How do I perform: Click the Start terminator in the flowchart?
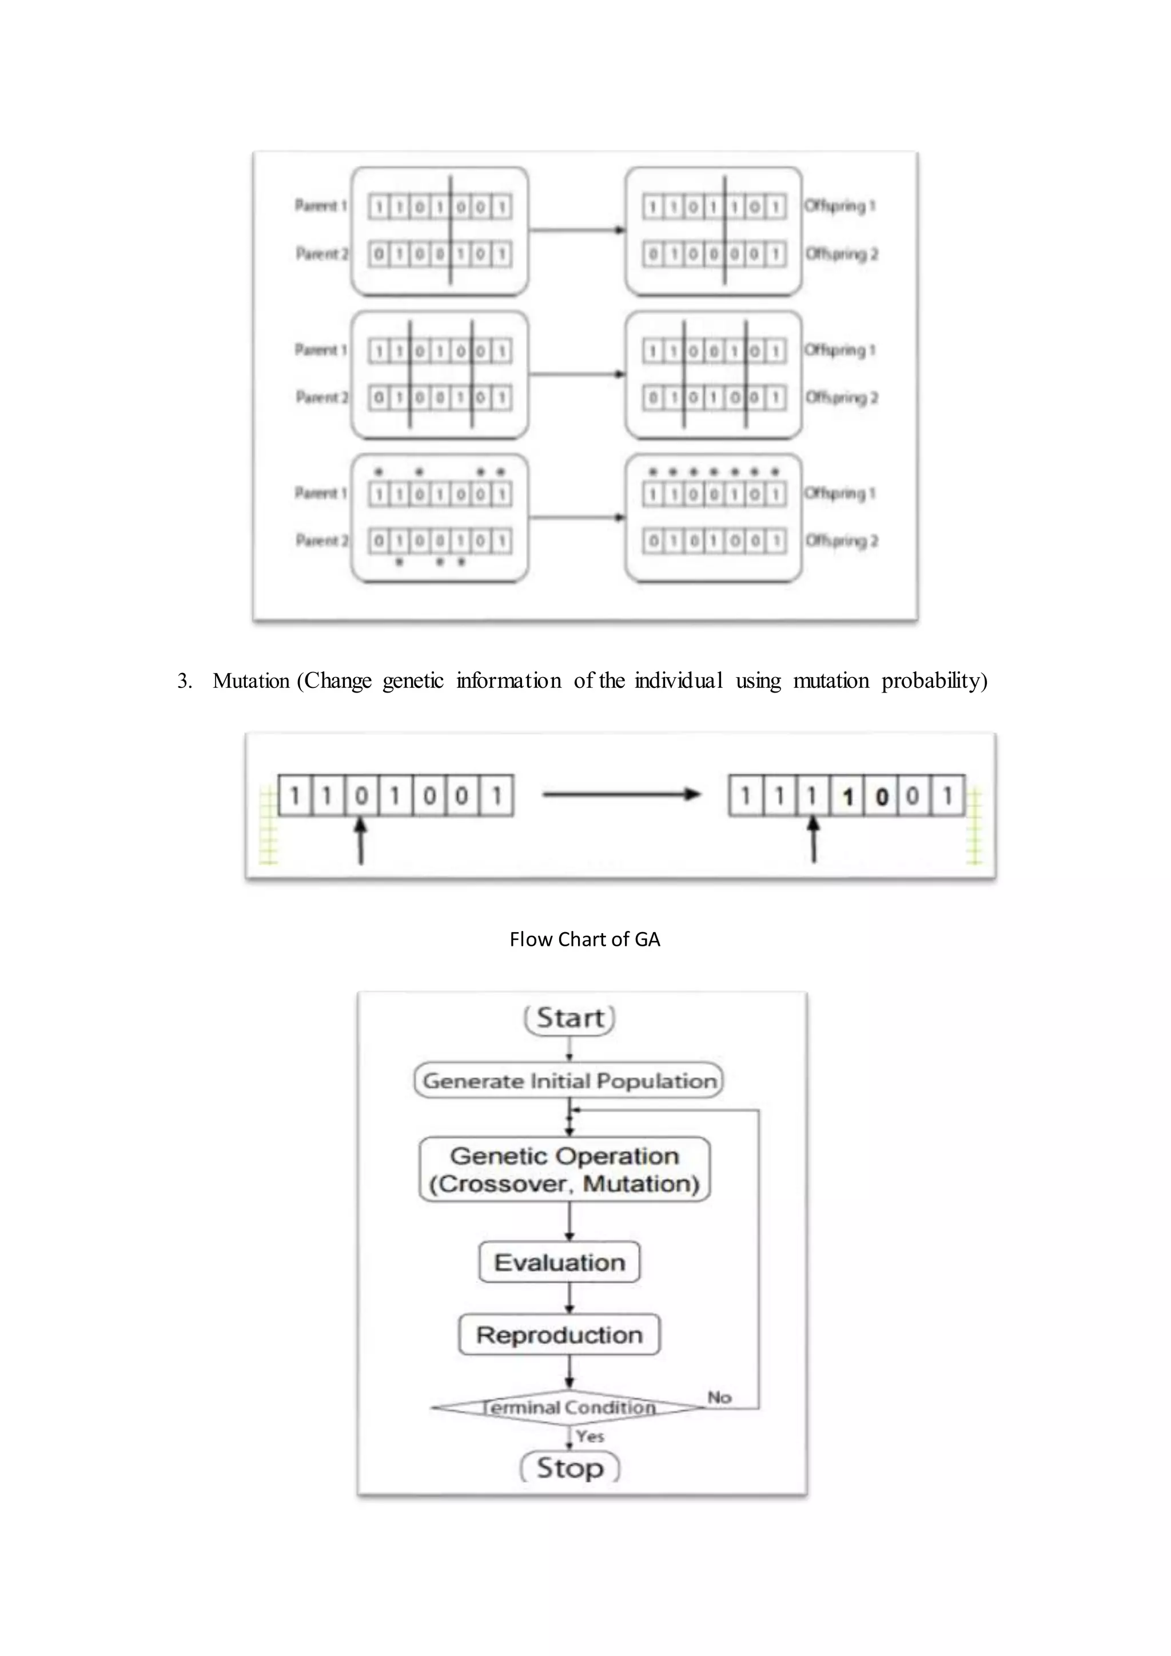(569, 1018)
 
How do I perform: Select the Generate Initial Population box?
(569, 1080)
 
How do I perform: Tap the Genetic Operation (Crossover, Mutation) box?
(564, 1169)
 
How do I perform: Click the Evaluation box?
(560, 1262)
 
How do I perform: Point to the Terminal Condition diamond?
(568, 1407)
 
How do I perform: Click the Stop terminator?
(569, 1468)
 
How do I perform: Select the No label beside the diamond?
(719, 1397)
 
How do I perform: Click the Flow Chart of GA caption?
(585, 939)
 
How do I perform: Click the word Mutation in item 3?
(251, 681)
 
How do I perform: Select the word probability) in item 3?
(934, 681)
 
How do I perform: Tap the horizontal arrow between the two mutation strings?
(621, 794)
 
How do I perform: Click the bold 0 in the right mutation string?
(881, 797)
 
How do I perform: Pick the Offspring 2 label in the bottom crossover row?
(841, 541)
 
